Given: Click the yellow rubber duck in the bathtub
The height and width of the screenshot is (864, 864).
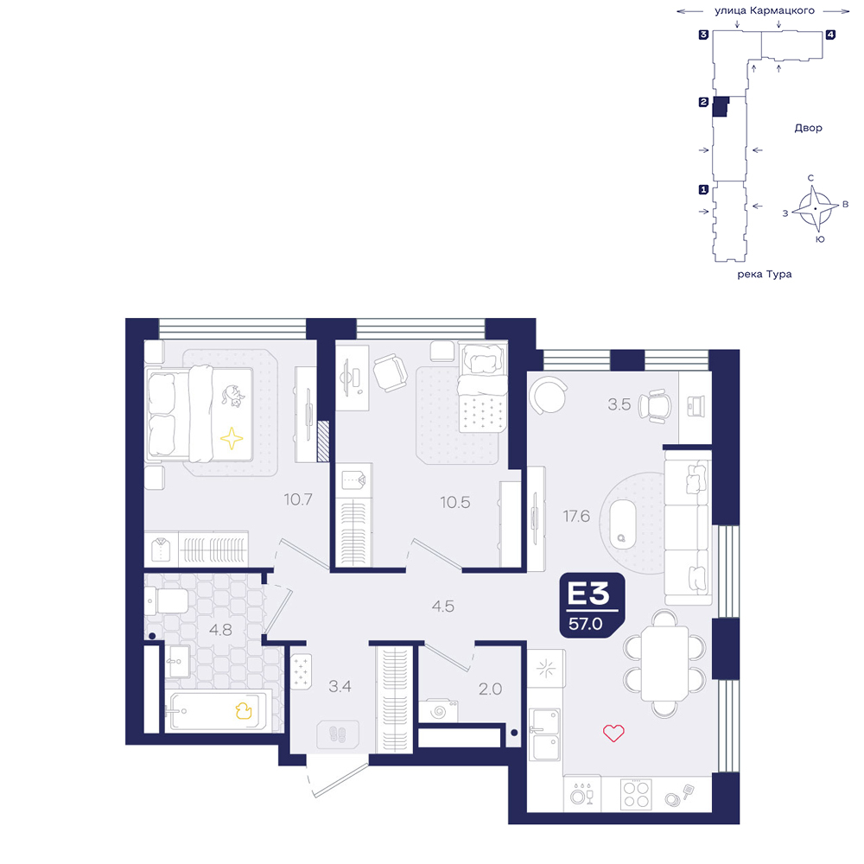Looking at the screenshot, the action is tap(244, 710).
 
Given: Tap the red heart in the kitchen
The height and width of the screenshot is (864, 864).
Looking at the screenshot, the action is tap(613, 733).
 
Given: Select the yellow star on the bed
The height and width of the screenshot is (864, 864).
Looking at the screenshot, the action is tap(232, 439).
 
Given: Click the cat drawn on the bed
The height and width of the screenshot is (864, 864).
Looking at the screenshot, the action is tap(232, 395).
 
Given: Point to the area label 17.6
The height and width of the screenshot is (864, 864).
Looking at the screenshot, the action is tap(576, 517).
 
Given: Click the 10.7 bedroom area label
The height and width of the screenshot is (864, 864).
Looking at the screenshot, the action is tap(298, 499).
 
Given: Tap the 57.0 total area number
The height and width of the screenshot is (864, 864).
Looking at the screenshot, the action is tap(585, 624).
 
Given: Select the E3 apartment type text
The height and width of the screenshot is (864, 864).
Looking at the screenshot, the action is tap(588, 594).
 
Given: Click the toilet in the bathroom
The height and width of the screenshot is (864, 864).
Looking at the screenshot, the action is tap(167, 600).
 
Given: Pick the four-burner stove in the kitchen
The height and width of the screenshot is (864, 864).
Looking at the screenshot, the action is tap(636, 794).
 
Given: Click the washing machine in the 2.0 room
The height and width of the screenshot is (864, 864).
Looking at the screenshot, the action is tap(438, 711).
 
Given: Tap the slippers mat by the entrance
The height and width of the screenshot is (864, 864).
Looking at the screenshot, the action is tap(337, 734).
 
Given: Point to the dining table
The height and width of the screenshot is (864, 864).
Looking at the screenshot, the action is tap(664, 663).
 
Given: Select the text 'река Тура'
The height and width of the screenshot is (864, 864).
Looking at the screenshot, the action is tap(765, 274).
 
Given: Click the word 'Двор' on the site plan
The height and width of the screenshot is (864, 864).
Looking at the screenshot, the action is tap(808, 128).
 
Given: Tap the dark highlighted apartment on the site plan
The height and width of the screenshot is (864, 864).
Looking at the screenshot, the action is tap(721, 106).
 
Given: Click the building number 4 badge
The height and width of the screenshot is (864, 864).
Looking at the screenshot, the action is tap(829, 35).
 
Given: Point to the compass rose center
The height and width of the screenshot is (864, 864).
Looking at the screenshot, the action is tap(815, 209).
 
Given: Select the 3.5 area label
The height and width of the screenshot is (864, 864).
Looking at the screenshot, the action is tap(619, 404).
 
